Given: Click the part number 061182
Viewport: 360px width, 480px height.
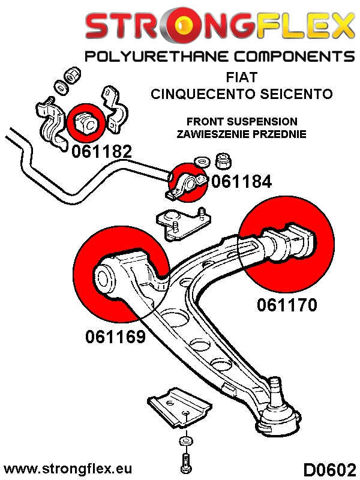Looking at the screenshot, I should [x=101, y=151].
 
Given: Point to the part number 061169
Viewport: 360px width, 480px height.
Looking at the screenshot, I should [x=116, y=337].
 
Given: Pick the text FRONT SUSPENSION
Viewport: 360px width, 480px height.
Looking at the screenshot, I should [x=242, y=121].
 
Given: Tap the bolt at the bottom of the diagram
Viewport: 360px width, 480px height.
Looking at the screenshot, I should [x=184, y=463].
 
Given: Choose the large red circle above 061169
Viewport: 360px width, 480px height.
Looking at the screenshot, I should [x=123, y=274].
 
